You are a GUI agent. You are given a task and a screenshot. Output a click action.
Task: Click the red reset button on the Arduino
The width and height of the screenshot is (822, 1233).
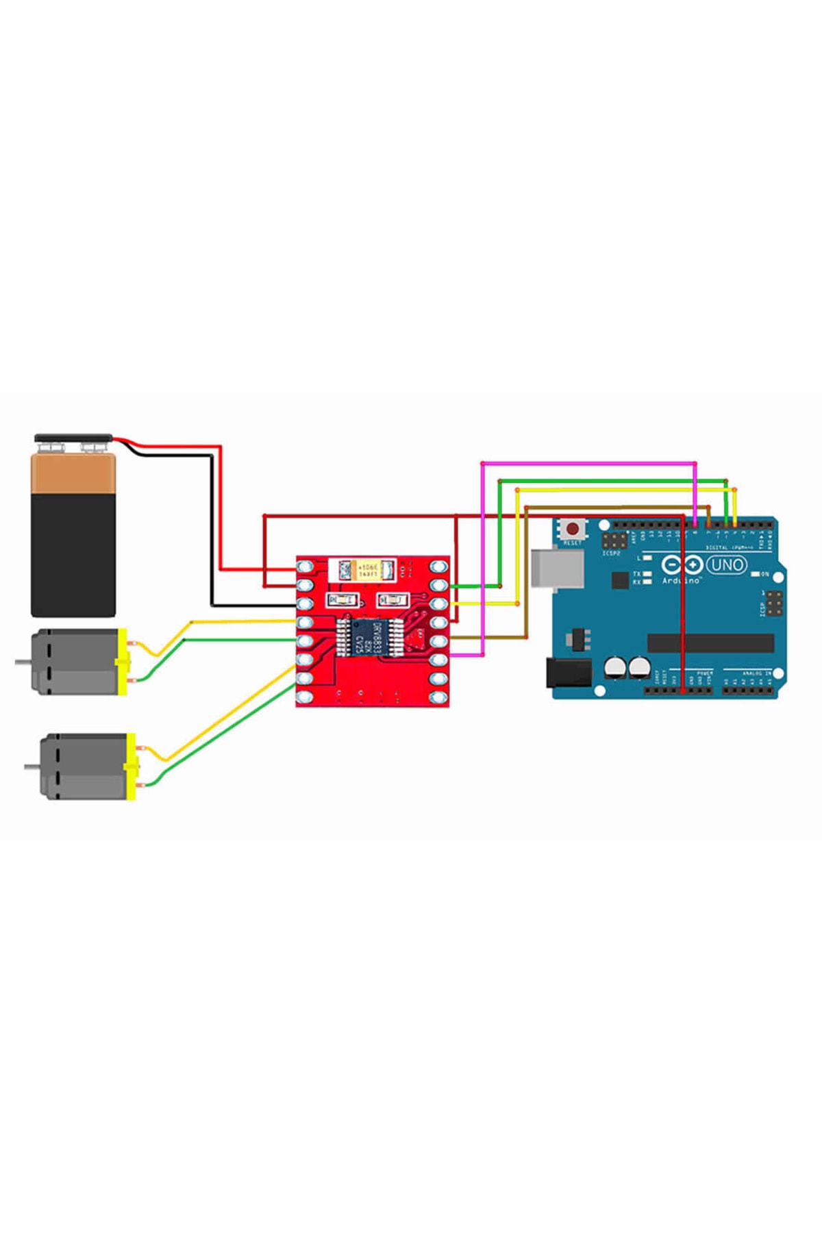pyautogui.click(x=571, y=530)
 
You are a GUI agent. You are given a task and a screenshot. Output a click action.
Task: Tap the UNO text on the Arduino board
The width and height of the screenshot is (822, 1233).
pyautogui.click(x=726, y=565)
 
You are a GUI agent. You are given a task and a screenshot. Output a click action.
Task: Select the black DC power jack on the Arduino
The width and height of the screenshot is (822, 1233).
pyautogui.click(x=568, y=673)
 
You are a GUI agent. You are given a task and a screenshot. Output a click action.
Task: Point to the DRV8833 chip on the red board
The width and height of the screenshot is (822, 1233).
pyautogui.click(x=367, y=637)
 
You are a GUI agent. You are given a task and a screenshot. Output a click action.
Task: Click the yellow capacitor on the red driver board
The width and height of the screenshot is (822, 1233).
pyautogui.click(x=368, y=569)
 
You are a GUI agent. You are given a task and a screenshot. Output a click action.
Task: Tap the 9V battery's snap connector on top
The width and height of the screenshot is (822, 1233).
pyautogui.click(x=73, y=437)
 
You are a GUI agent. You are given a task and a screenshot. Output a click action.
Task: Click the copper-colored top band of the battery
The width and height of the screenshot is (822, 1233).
pyautogui.click(x=73, y=475)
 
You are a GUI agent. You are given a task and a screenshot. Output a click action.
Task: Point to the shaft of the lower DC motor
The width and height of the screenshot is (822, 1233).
pyautogui.click(x=32, y=766)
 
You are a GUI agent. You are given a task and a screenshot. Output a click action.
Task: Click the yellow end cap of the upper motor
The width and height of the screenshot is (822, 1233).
pyautogui.click(x=123, y=662)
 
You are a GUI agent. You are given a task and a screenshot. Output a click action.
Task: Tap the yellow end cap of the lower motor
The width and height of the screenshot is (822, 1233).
pyautogui.click(x=131, y=767)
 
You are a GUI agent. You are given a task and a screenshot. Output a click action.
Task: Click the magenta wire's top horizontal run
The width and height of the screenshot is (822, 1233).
pyautogui.click(x=589, y=464)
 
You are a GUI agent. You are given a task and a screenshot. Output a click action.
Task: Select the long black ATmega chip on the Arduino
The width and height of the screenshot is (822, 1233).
pyautogui.click(x=710, y=643)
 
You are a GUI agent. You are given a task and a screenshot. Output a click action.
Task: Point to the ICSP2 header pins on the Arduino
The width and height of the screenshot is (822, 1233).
pyautogui.click(x=614, y=540)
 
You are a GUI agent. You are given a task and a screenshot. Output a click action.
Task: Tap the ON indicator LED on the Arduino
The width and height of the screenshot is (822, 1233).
pyautogui.click(x=756, y=573)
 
